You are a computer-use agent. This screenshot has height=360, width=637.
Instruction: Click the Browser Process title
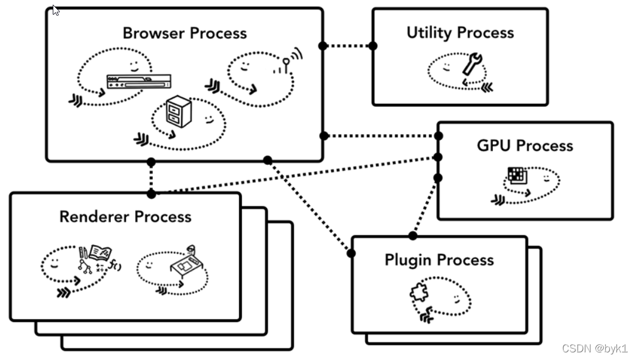(185, 33)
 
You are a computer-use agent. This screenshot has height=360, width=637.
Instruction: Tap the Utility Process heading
(460, 33)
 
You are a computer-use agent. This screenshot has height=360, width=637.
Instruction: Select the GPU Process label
(525, 145)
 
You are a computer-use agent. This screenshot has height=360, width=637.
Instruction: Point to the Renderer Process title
(125, 216)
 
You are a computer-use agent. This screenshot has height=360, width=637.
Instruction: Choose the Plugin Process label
(439, 260)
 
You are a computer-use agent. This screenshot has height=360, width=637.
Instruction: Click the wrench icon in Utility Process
(472, 64)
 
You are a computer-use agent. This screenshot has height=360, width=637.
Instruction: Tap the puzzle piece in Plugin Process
(419, 292)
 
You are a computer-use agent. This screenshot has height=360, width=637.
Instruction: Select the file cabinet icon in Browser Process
(178, 111)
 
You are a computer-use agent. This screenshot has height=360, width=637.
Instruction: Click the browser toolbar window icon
(138, 81)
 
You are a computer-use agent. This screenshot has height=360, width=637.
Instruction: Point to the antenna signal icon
(289, 61)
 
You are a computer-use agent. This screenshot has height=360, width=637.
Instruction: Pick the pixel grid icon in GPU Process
(517, 175)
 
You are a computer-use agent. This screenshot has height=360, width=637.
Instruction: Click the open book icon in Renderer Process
(100, 252)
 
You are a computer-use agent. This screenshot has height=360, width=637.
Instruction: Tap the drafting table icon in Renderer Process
(186, 261)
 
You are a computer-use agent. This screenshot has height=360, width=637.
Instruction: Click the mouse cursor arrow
(56, 10)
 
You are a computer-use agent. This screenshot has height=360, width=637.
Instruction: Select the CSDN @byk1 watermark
(595, 348)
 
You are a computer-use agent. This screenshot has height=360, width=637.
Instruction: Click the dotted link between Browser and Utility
(348, 46)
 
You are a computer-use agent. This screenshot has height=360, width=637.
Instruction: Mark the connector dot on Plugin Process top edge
(413, 236)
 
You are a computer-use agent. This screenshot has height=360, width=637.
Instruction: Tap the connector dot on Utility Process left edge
(373, 46)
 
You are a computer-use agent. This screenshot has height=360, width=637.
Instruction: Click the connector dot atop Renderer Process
(151, 194)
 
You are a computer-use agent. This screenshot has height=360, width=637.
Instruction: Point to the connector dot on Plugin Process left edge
(352, 253)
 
